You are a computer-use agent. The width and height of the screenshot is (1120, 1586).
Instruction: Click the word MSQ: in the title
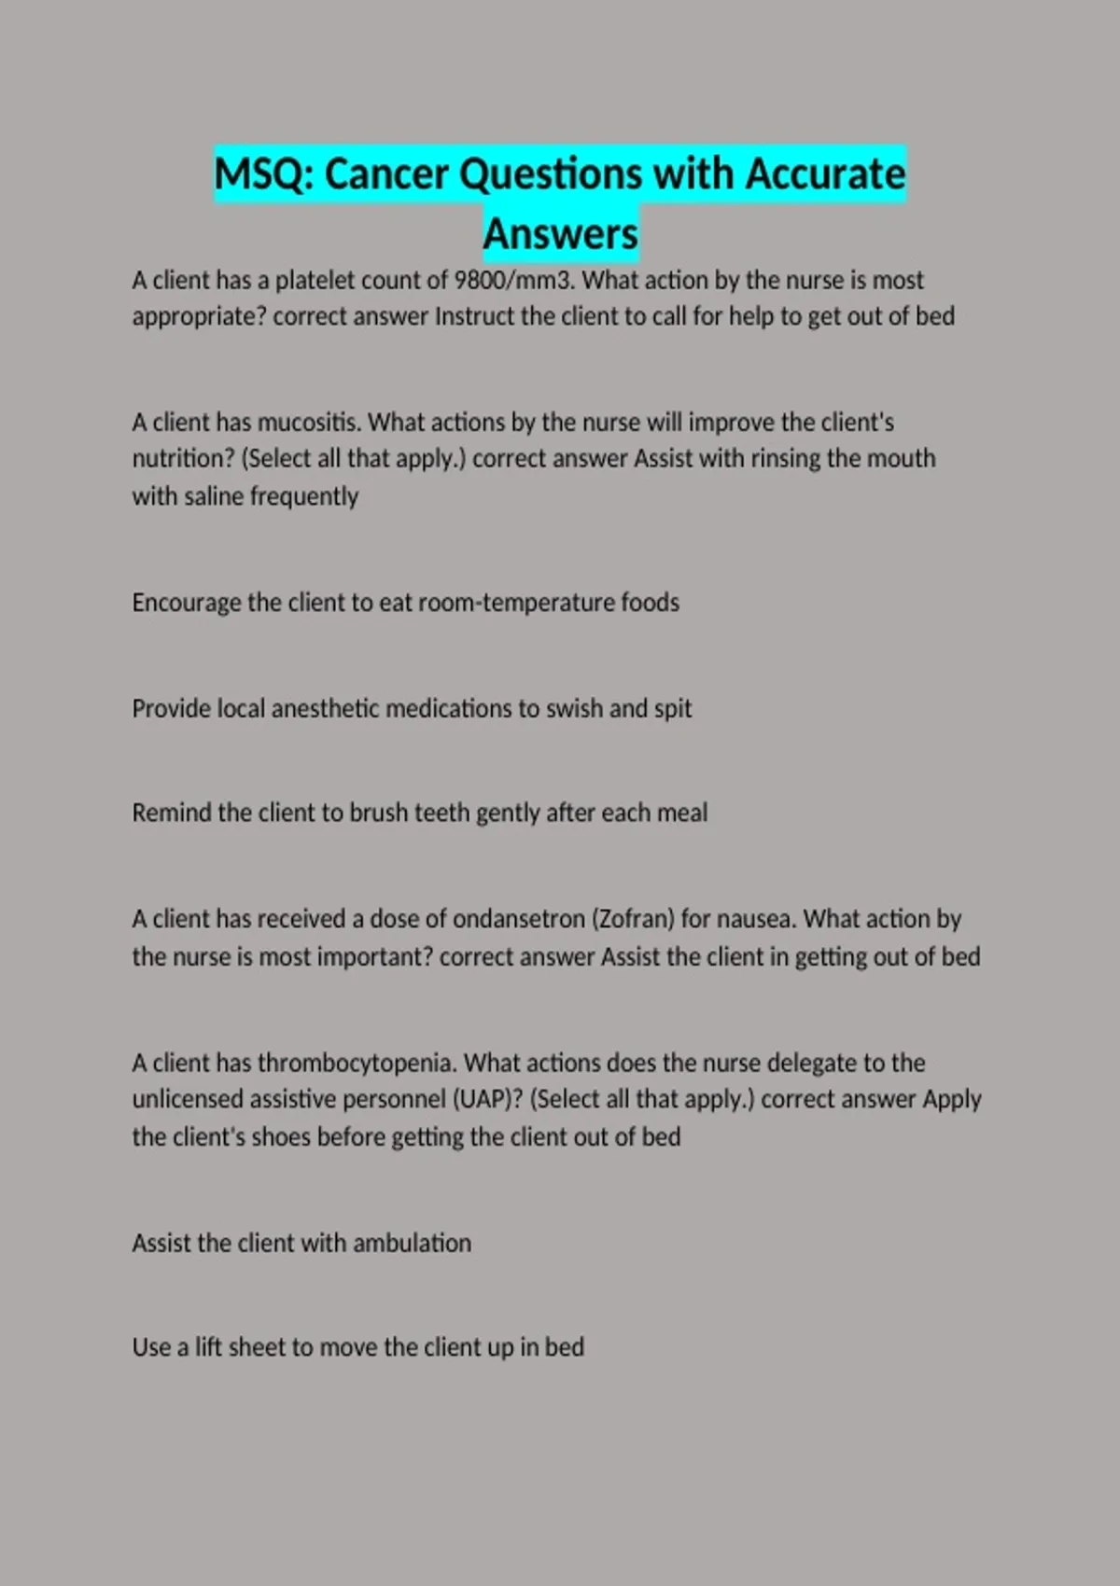click(x=264, y=174)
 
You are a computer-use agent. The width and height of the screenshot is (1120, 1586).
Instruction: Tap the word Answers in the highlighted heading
click(x=561, y=233)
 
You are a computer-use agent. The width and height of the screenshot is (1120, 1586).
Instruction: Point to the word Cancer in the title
click(x=386, y=174)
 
